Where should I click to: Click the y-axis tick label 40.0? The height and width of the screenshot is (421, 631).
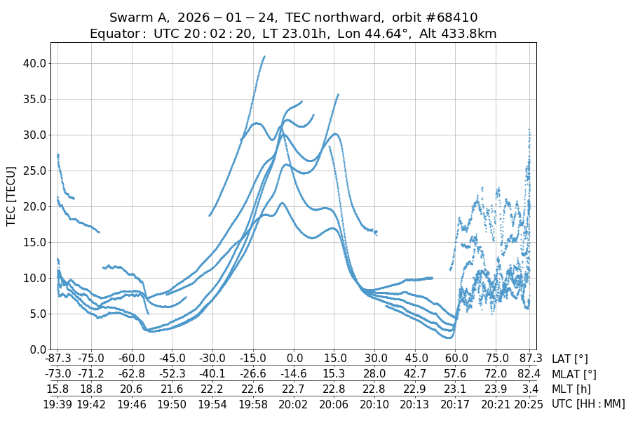[34, 63]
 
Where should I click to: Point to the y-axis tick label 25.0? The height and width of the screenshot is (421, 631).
[34, 171]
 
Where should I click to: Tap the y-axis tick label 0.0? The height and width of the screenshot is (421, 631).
[36, 349]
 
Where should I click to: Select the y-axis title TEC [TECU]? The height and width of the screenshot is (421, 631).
[11, 196]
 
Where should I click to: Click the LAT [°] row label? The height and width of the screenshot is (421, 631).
[570, 359]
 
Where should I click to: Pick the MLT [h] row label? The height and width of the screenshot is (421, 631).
[572, 389]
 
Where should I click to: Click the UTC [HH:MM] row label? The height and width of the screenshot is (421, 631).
[588, 403]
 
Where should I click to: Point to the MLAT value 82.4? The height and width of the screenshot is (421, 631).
[529, 374]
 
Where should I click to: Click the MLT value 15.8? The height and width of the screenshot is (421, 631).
[57, 389]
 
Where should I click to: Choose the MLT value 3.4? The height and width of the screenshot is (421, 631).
[529, 389]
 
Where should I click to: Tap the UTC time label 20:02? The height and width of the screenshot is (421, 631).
[293, 403]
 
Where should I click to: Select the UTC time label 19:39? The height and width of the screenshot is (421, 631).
[57, 403]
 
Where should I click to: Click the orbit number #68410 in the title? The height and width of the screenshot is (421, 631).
[440, 17]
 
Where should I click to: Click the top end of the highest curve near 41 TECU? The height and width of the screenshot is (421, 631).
[264, 57]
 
